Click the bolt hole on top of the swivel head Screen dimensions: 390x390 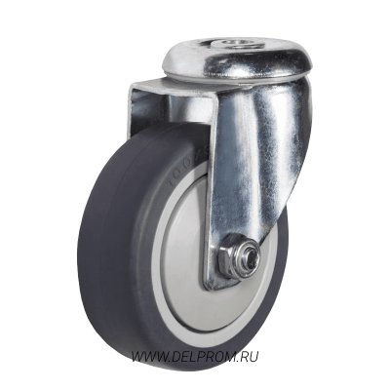(x=231, y=43)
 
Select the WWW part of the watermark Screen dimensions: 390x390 (x=146, y=357)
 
